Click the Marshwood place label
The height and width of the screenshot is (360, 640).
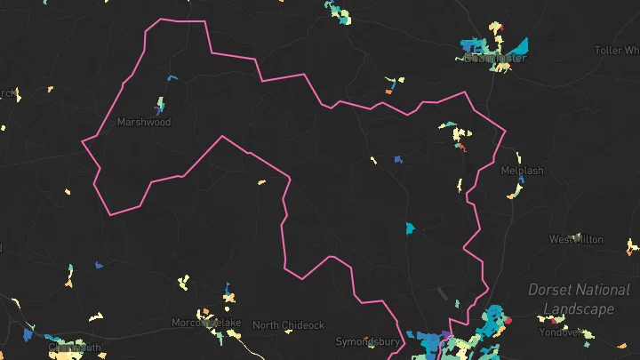point(143,123)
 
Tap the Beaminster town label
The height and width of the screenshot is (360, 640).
point(495,58)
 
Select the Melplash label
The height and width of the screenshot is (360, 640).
point(522,170)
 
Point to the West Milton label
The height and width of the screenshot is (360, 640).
point(576,239)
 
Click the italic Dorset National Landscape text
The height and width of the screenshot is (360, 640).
point(579,299)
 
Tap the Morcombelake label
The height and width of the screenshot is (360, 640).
point(206,322)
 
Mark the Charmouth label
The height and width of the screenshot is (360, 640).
point(75,348)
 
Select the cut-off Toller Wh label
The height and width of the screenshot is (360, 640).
point(619,51)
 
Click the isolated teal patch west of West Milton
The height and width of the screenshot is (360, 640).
point(410,228)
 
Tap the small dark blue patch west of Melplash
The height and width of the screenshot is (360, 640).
point(398,160)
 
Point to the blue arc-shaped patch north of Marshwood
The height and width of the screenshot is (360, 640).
point(172,77)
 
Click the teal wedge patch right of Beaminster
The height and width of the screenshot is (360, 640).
point(520,45)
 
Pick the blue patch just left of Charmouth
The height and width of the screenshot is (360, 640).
point(28,336)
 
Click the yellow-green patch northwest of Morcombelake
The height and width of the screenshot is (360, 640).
point(183,283)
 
